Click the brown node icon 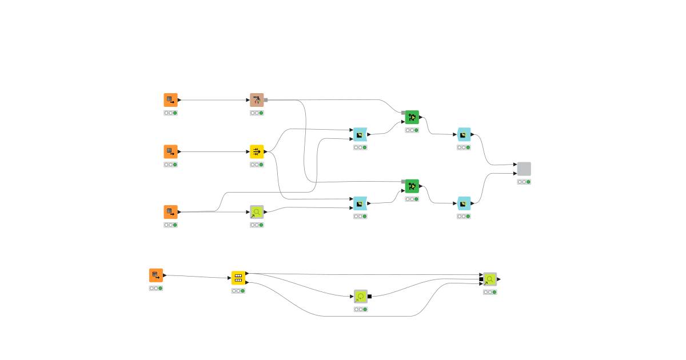[x=257, y=100]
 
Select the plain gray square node [x=524, y=169]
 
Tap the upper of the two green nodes [x=412, y=117]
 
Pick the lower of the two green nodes [x=412, y=186]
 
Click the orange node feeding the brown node [x=170, y=100]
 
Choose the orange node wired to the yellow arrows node [x=170, y=151]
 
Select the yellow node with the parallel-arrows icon [x=257, y=151]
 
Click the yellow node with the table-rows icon [x=238, y=278]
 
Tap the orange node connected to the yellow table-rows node [x=156, y=275]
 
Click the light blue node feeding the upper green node [x=360, y=134]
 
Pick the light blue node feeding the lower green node [x=360, y=203]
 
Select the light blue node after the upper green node [x=464, y=134]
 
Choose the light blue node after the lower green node [x=464, y=203]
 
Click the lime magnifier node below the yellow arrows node [x=257, y=212]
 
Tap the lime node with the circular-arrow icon [x=360, y=296]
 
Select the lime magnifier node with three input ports [x=490, y=279]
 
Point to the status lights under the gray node [x=524, y=182]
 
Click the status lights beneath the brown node [x=257, y=113]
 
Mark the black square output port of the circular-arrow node [x=370, y=296]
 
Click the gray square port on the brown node [x=266, y=100]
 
